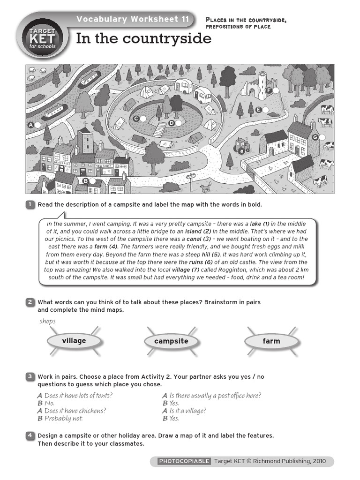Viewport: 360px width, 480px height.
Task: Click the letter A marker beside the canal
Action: pyautogui.click(x=31, y=125)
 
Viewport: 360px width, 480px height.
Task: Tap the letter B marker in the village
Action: pyautogui.click(x=85, y=181)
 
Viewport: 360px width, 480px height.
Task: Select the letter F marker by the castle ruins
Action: pyautogui.click(x=269, y=90)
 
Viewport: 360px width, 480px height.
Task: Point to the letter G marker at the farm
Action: pyautogui.click(x=315, y=137)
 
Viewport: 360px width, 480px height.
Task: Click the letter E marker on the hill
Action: pyautogui.click(x=258, y=109)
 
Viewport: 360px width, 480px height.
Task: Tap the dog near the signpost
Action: pyautogui.click(x=205, y=188)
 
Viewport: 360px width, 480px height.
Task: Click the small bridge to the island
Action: pyautogui.click(x=159, y=130)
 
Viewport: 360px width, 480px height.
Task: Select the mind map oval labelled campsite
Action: pyautogui.click(x=171, y=341)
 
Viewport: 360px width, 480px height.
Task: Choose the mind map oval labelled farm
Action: pyautogui.click(x=271, y=341)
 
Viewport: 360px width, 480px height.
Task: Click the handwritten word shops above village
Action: pyautogui.click(x=48, y=321)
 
